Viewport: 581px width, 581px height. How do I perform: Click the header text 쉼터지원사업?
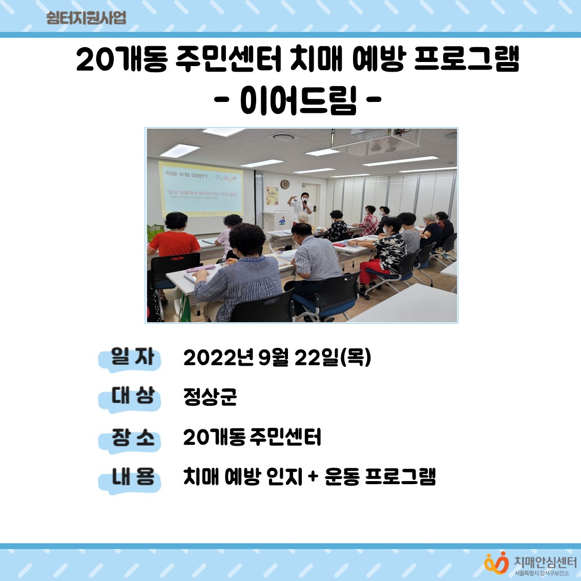(x=86, y=18)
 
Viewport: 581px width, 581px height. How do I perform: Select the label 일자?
(x=132, y=357)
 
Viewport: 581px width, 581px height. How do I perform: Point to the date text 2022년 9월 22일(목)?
(x=277, y=358)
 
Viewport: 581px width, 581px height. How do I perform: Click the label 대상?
(x=132, y=397)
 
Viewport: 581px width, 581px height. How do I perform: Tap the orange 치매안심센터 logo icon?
(x=495, y=563)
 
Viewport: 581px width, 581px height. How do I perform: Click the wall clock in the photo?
(x=285, y=184)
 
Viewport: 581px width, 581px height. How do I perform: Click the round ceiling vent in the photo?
(x=284, y=137)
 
